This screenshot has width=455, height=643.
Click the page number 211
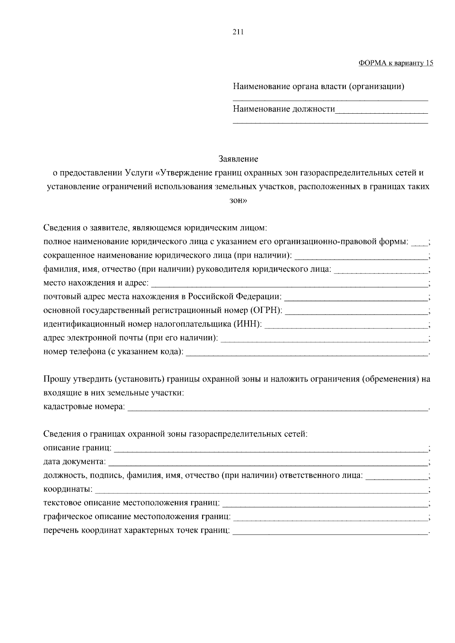pos(238,32)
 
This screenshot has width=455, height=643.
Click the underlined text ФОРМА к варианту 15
pos(395,63)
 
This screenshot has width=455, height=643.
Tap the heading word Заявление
pos(238,159)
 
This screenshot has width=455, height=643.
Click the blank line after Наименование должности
pos(381,111)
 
